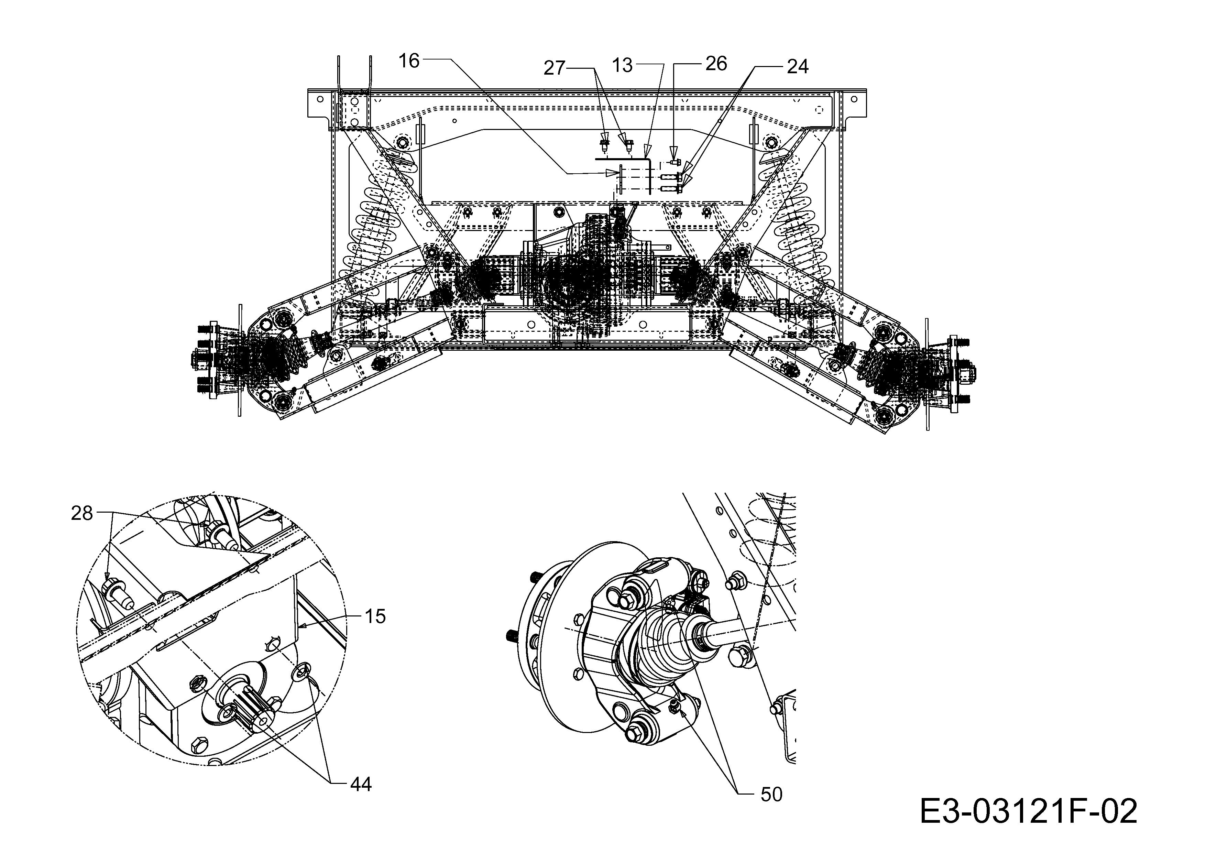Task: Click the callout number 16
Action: [x=409, y=61]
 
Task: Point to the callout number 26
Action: [x=716, y=64]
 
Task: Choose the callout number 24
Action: [x=798, y=67]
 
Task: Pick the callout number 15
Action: [x=375, y=616]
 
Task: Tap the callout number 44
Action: [x=361, y=784]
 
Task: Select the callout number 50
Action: [x=771, y=795]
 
